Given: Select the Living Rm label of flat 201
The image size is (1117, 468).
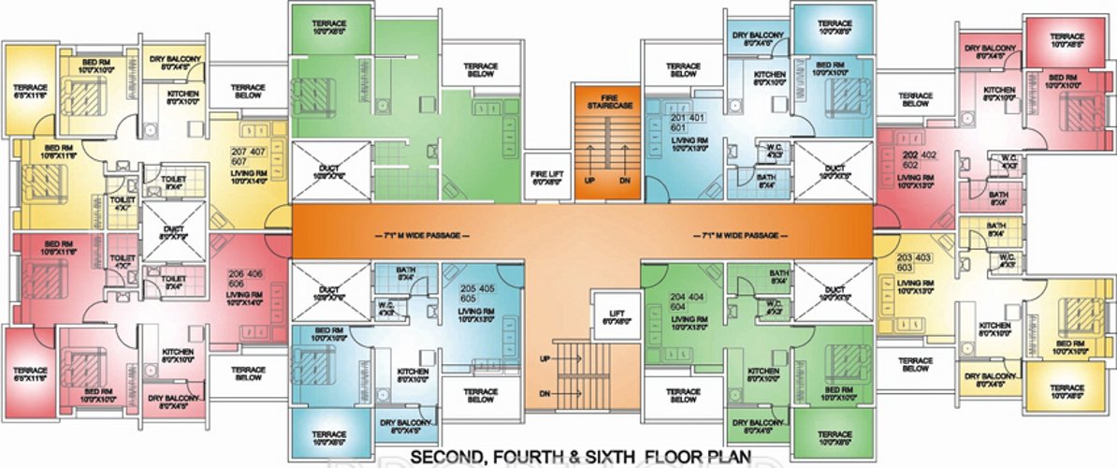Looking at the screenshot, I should (x=689, y=145).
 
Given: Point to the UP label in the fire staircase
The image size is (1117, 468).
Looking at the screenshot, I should (x=590, y=182).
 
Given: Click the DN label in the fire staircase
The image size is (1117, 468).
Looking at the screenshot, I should (x=621, y=182).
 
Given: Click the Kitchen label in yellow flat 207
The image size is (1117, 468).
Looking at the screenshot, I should (x=181, y=99).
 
